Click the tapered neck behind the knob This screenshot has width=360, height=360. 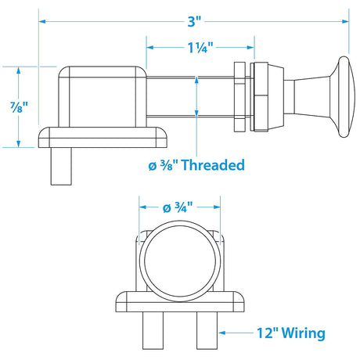click(308, 95)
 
